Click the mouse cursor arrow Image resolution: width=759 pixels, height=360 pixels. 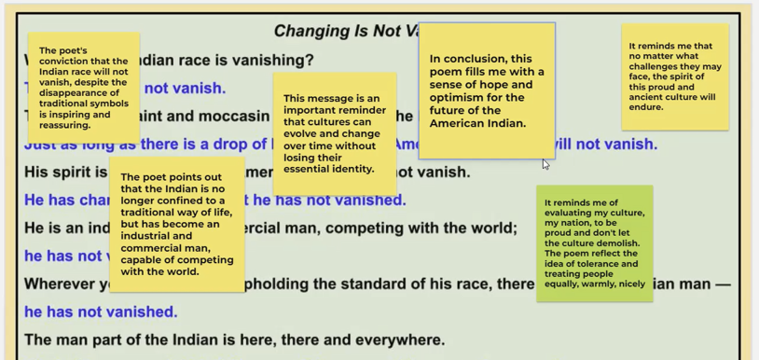tap(545, 164)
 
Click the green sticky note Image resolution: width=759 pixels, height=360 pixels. tap(594, 242)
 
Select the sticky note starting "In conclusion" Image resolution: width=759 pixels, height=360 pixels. tap(486, 90)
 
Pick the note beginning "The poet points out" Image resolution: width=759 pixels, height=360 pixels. tap(176, 224)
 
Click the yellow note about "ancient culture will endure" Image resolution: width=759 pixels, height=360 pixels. tap(674, 76)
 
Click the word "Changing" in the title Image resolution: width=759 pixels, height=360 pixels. tap(310, 32)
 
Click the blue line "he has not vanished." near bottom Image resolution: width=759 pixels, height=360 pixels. tap(101, 312)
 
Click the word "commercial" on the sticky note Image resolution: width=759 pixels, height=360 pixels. tap(153, 248)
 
